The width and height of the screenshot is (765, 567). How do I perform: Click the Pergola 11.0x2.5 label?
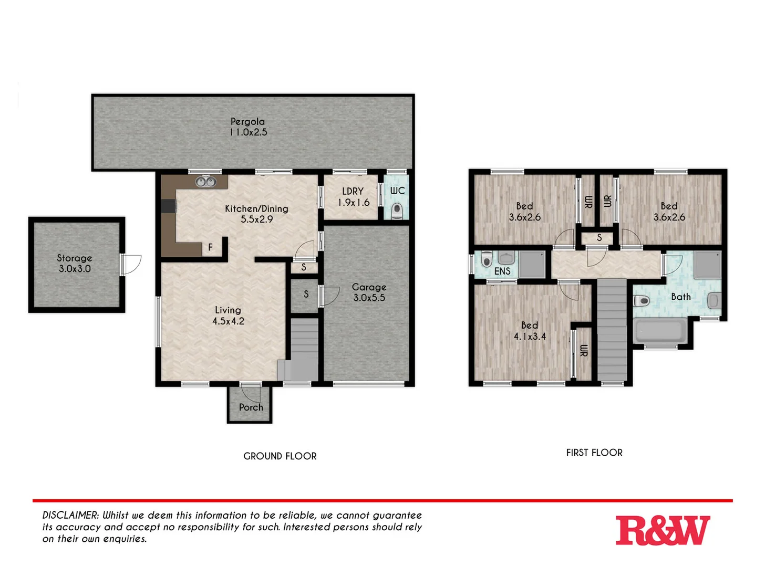click(x=248, y=127)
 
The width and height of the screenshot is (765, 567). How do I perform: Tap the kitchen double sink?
click(x=205, y=182)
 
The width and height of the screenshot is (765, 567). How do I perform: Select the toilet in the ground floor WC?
click(x=397, y=210)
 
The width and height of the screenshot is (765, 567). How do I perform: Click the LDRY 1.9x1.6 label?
click(x=353, y=197)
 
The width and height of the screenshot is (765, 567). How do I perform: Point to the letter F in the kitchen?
click(x=210, y=247)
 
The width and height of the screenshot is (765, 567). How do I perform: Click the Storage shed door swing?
click(x=131, y=264)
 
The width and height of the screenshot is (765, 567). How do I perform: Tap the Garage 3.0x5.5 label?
click(x=369, y=292)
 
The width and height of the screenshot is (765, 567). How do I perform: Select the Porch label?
click(x=251, y=407)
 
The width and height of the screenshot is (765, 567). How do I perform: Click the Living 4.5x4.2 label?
click(x=228, y=316)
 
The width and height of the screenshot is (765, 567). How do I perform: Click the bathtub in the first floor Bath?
click(x=659, y=331)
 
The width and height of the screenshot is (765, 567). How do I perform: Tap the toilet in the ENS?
click(x=487, y=259)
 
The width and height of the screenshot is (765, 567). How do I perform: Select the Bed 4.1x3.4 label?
click(x=530, y=331)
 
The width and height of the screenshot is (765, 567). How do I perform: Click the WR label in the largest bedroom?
click(x=583, y=351)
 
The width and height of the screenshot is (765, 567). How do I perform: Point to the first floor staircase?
click(x=612, y=331)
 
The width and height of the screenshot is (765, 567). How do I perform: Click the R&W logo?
click(x=663, y=530)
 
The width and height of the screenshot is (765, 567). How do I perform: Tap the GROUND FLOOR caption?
click(x=280, y=456)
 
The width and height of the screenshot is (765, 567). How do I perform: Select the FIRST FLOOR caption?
click(x=594, y=453)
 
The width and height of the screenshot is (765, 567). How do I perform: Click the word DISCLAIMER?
click(x=70, y=516)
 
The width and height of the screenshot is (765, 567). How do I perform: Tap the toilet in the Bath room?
click(x=642, y=301)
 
